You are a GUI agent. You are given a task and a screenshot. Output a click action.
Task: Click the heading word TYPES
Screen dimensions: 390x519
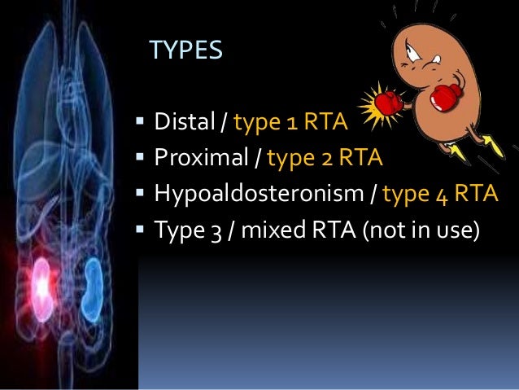click(x=186, y=51)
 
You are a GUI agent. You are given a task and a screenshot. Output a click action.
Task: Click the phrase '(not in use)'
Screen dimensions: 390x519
click(x=422, y=230)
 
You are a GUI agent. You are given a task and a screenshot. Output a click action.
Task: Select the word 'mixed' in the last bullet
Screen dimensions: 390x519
click(x=287, y=230)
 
